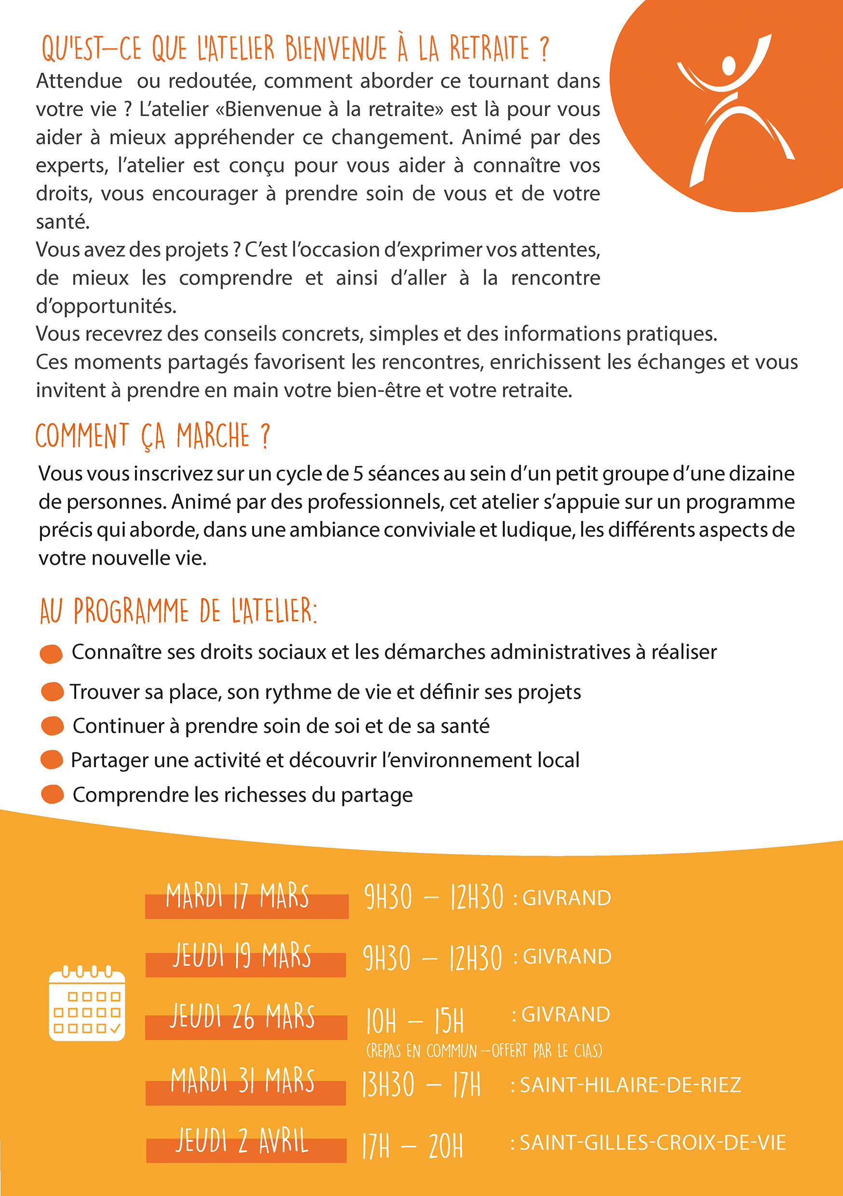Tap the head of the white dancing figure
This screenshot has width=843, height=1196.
coord(729,66)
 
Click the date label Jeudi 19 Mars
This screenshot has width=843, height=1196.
coord(242,956)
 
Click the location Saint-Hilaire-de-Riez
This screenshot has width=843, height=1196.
coord(630,1085)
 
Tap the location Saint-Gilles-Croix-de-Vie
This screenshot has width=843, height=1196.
coord(653,1143)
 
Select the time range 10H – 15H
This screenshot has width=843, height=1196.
coord(415,1021)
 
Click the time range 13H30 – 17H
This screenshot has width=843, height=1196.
coord(421,1085)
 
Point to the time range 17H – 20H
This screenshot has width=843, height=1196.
coord(413,1146)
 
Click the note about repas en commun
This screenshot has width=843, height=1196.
coord(484,1051)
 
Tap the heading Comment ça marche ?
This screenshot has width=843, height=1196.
coord(153,436)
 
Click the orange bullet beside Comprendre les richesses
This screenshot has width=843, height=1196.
coord(52,795)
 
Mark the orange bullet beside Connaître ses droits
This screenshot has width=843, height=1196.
coord(51,654)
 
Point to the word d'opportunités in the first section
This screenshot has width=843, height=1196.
coord(106,306)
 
